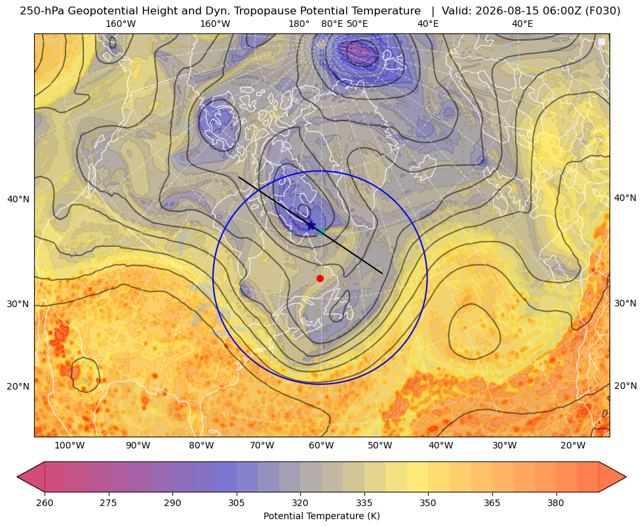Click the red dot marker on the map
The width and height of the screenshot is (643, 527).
pyautogui.click(x=321, y=278)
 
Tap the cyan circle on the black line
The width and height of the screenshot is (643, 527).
pyautogui.click(x=321, y=232)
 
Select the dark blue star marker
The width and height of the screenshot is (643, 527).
pyautogui.click(x=311, y=225)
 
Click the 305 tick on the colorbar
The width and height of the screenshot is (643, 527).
pyautogui.click(x=237, y=502)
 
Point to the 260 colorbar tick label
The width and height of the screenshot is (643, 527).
pyautogui.click(x=45, y=502)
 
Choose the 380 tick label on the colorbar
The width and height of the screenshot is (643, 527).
pyautogui.click(x=556, y=502)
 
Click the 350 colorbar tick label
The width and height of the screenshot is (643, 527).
pyautogui.click(x=428, y=502)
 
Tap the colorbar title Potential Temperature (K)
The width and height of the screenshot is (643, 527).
pyautogui.click(x=321, y=516)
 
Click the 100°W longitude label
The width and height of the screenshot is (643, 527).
pyautogui.click(x=69, y=446)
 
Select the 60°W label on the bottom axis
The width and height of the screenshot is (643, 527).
pyautogui.click(x=322, y=446)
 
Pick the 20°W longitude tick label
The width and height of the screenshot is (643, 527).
pyautogui.click(x=573, y=446)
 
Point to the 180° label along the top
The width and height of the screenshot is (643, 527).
pyautogui.click(x=299, y=24)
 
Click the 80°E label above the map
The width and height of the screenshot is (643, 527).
pyautogui.click(x=332, y=24)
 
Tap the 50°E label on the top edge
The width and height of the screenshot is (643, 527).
pyautogui.click(x=357, y=24)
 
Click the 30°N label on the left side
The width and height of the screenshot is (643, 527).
pyautogui.click(x=18, y=304)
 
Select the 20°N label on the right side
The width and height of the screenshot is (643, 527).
pyautogui.click(x=625, y=386)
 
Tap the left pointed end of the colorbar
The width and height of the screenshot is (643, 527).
pyautogui.click(x=18, y=477)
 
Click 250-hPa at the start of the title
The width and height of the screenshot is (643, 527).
pyautogui.click(x=42, y=11)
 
